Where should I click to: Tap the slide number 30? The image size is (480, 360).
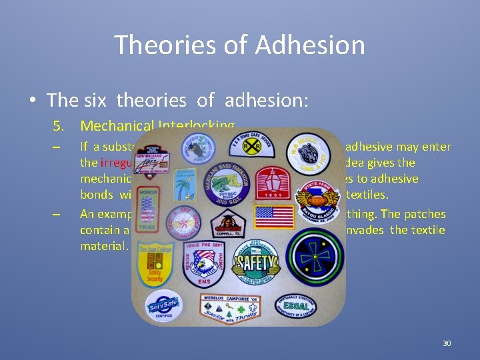click(447, 343)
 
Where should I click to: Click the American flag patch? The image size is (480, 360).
click(274, 217)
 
